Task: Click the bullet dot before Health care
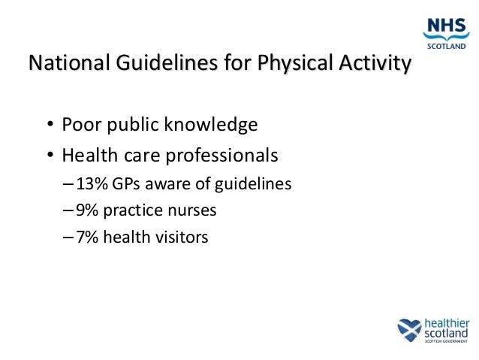(49, 157)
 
